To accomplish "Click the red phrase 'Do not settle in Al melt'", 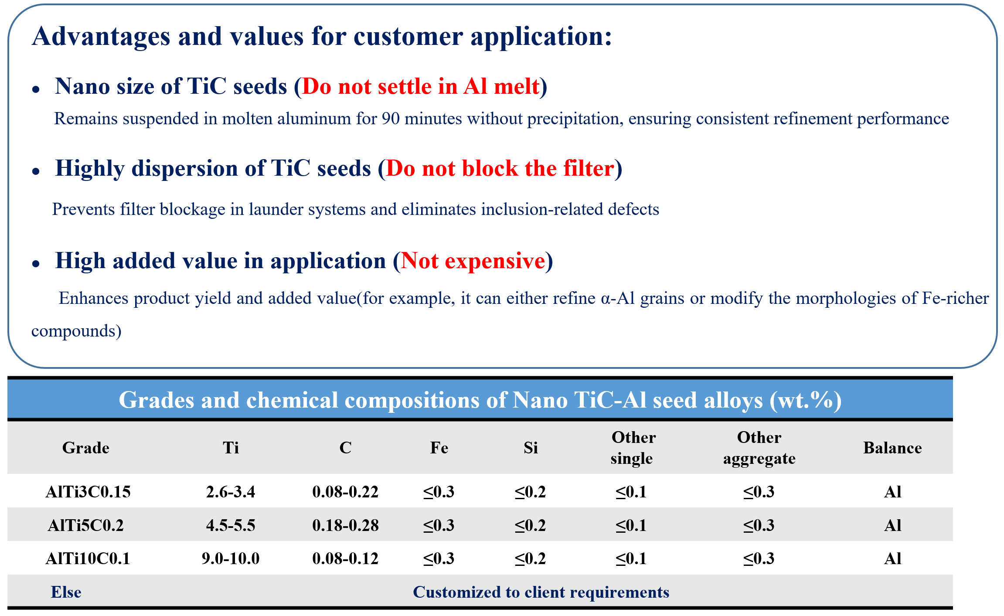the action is tap(421, 86).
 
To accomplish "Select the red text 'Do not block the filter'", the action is tap(500, 168).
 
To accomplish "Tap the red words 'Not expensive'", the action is tap(473, 261).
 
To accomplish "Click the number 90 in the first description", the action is tap(391, 119).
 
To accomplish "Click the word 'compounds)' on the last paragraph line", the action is tap(76, 331).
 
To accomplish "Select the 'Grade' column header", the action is tap(86, 448).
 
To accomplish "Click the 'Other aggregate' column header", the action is tap(759, 448).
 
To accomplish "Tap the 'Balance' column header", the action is tap(892, 448).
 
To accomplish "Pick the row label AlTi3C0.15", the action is tap(88, 492).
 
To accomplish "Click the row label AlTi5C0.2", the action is tap(86, 525).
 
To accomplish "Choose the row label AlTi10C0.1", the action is tap(88, 558).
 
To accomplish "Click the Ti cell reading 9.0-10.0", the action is tap(231, 558).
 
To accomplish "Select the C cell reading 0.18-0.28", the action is tap(345, 525).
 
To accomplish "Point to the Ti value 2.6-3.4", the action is tap(231, 492).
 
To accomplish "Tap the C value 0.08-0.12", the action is tap(345, 558).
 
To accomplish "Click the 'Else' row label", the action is tap(66, 592).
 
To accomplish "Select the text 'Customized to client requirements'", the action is tap(541, 592).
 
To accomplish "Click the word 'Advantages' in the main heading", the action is tap(101, 37).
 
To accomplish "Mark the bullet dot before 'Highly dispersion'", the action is tap(36, 172).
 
